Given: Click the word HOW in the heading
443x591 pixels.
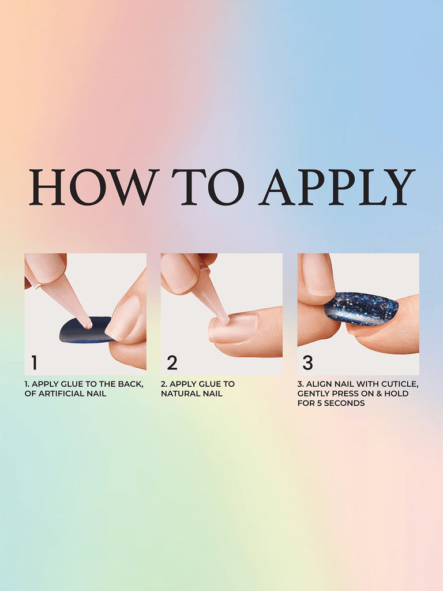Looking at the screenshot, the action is tap(94, 188).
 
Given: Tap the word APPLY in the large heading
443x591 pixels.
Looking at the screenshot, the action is tap(337, 188).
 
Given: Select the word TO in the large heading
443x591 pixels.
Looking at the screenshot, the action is tap(208, 188).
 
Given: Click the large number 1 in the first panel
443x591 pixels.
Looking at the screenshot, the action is tap(34, 362).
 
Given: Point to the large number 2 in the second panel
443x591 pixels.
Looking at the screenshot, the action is tap(172, 362).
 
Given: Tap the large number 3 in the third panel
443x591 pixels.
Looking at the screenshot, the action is tap(307, 362).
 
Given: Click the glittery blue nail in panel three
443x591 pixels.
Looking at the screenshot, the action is tap(361, 308).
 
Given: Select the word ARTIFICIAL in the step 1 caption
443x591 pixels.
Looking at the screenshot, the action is tap(62, 394).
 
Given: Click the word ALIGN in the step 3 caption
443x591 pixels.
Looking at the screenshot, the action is tap(318, 384).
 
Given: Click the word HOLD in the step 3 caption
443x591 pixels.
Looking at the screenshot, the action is tap(396, 394).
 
